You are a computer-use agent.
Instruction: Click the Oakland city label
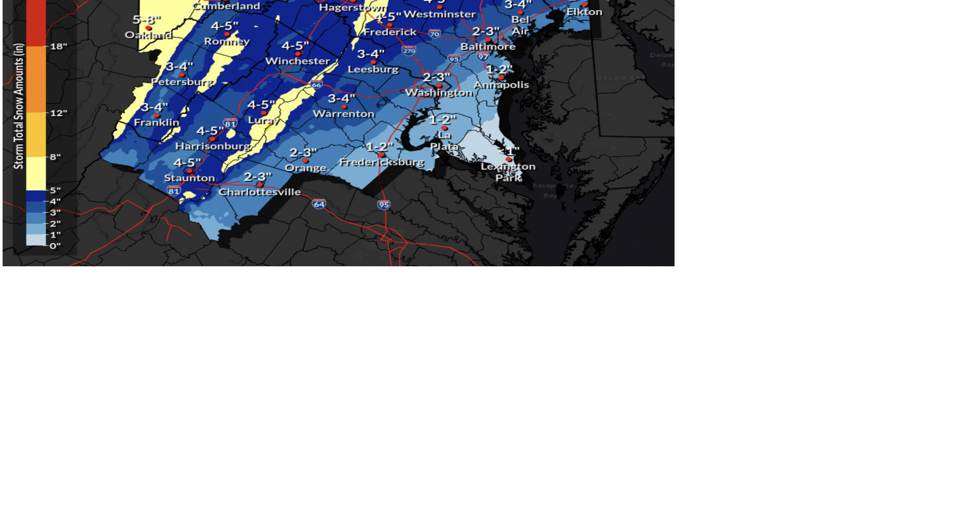pos(148,35)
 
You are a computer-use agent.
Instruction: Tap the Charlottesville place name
pos(260,192)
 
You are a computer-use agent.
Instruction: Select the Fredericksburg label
pos(382,162)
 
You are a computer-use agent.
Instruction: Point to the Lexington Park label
pos(508,172)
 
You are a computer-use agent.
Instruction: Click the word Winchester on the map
pos(297,61)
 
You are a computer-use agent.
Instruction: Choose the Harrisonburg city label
pos(213,146)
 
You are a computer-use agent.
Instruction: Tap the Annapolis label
pos(501,85)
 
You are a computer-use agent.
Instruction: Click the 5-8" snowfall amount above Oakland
pos(146,20)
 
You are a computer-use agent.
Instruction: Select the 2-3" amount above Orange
pos(303,153)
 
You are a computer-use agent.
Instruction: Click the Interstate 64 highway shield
pos(319,204)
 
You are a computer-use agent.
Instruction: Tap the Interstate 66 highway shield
pos(316,85)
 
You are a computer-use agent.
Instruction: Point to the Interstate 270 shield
pos(409,51)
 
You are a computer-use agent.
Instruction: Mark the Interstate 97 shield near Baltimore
pos(482,57)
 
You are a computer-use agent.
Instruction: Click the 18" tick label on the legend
pos(58,46)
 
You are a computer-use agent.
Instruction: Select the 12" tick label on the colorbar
pos(58,113)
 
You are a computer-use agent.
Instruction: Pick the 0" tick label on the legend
pos(55,246)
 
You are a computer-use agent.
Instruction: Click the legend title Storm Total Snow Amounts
pos(19,106)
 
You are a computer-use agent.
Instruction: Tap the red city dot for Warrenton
pos(344,106)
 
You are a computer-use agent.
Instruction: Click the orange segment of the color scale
pos(36,79)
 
